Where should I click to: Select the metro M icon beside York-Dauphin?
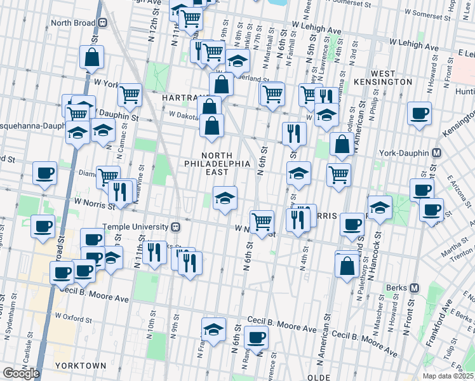point(436,153)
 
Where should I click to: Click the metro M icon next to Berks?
point(415,287)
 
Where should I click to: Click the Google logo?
point(21,373)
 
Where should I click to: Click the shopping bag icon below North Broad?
point(92,57)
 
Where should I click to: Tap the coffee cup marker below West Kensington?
point(419,114)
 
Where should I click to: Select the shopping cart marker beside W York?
point(130,95)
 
